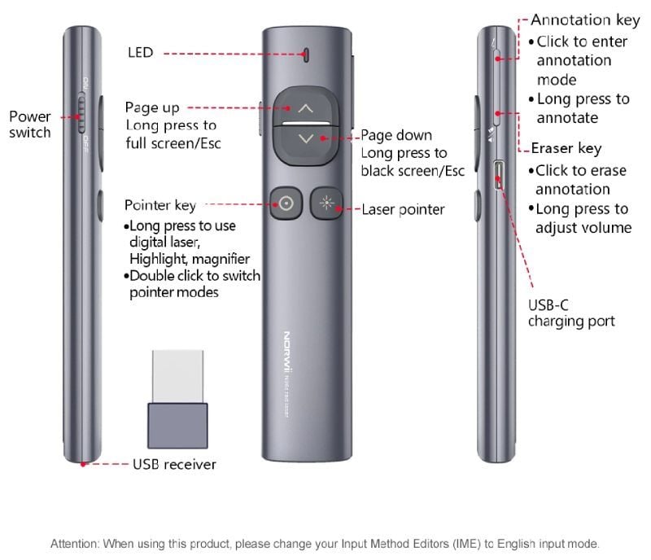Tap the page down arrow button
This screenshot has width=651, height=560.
pos(305,138)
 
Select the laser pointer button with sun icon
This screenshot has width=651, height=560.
pos(328,203)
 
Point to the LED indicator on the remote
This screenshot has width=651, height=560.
pos(306,55)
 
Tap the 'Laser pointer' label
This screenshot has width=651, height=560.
pos(403,210)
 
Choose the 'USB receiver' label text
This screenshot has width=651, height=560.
pos(174,465)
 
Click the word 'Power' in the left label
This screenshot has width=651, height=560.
pos(29,116)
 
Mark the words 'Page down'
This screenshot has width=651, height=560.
pos(396,135)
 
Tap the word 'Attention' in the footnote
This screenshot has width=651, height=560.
pos(74,543)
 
